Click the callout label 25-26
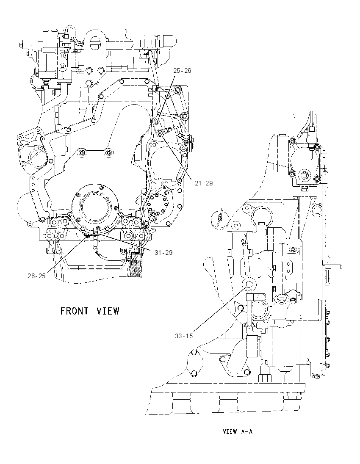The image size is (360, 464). tap(182, 71)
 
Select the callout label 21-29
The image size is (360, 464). tap(204, 183)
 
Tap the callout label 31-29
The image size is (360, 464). tap(164, 252)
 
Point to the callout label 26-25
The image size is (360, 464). tap(37, 276)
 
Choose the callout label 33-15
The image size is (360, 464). tap(184, 336)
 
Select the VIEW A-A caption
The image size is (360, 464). tap(238, 431)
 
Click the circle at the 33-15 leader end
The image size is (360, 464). tap(249, 284)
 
